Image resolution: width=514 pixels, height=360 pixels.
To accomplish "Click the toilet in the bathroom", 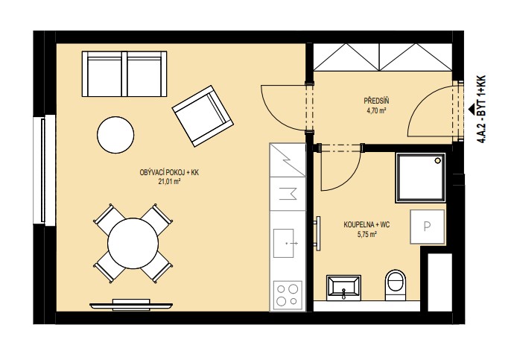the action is [396, 285].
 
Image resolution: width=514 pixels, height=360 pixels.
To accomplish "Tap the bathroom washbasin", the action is [343, 288].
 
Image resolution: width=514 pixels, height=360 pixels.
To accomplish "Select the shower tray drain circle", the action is [437, 161].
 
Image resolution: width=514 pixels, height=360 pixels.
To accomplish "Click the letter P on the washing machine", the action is [427, 227].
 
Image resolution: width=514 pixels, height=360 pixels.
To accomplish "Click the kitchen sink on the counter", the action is [284, 243].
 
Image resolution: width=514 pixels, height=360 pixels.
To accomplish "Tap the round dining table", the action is [133, 243].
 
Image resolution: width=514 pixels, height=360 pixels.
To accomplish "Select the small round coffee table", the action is [115, 135].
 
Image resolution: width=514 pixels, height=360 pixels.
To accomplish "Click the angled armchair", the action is [203, 116].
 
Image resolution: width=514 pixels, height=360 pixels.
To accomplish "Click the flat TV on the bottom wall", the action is [131, 305].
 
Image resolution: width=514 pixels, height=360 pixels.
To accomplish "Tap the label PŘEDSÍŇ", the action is [376, 101].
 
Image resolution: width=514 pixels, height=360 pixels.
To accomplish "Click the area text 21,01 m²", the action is [170, 181].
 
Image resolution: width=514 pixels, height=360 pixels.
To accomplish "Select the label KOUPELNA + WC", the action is [367, 225].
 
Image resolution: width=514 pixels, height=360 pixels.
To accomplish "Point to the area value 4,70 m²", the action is [376, 110].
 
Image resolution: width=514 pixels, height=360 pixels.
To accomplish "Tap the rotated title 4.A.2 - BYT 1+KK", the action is [481, 110].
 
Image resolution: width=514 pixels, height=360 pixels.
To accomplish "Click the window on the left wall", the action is [44, 170].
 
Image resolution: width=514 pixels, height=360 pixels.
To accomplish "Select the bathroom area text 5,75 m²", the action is [367, 235].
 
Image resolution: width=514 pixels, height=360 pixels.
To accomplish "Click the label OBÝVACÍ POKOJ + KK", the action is [169, 172].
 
